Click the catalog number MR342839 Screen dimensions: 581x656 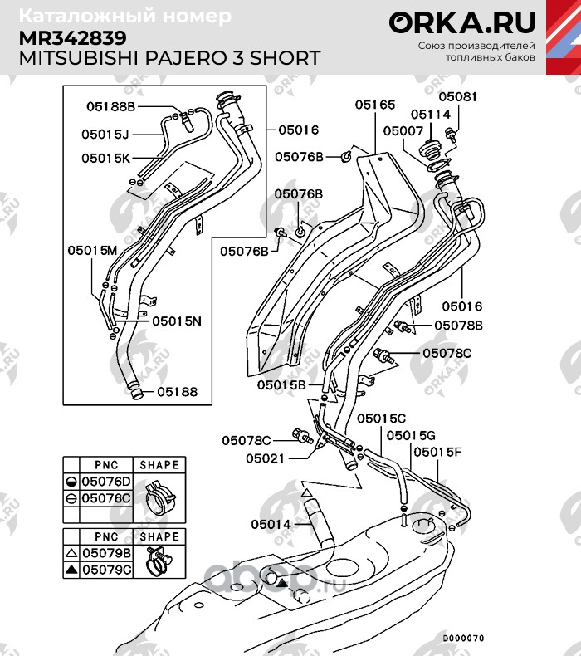click(x=73, y=37)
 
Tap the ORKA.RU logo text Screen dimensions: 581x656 click(x=462, y=23)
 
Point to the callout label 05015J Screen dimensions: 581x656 click(x=106, y=134)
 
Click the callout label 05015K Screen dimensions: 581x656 click(x=106, y=157)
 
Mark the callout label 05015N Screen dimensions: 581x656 click(x=177, y=320)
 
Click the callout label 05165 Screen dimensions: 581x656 click(x=375, y=105)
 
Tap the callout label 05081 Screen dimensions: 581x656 click(x=458, y=97)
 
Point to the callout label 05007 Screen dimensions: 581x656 click(x=403, y=131)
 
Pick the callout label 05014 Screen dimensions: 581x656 click(x=271, y=524)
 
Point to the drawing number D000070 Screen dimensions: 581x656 click(x=462, y=639)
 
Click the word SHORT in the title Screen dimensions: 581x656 click(x=281, y=59)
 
